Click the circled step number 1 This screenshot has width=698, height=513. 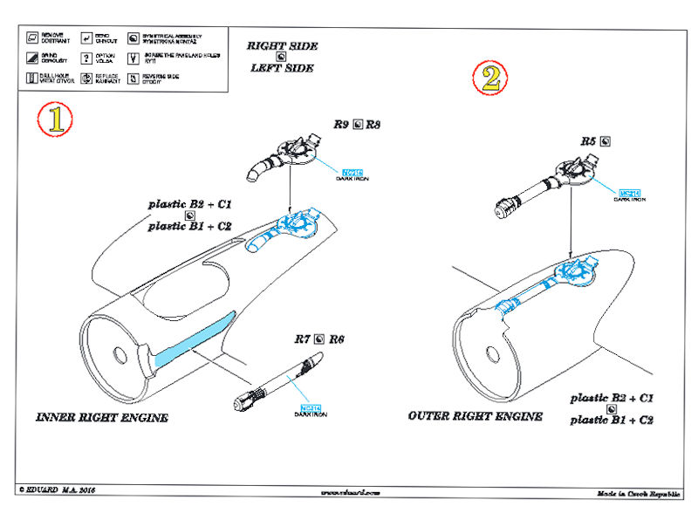pyautogui.click(x=55, y=120)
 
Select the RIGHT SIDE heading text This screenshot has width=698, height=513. pyautogui.click(x=282, y=45)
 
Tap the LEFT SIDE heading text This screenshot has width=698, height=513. pyautogui.click(x=281, y=68)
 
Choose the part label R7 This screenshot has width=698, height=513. pyautogui.click(x=302, y=338)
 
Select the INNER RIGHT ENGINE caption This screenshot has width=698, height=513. pyautogui.click(x=101, y=418)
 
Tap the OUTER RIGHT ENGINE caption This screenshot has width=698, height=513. pyautogui.click(x=475, y=416)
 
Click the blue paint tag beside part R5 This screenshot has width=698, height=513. pyautogui.click(x=630, y=193)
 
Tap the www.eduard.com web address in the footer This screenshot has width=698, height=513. pyautogui.click(x=351, y=493)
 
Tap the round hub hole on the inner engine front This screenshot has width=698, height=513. pyautogui.click(x=118, y=354)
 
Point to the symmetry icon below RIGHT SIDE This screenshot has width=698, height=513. pyautogui.click(x=281, y=57)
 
